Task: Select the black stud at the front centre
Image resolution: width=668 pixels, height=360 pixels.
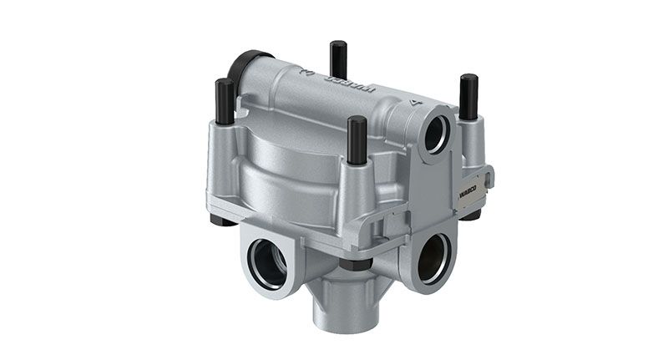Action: [x=357, y=140]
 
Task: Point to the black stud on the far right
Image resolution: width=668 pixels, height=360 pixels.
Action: [x=468, y=92]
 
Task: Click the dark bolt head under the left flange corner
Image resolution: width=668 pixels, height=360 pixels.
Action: [x=219, y=221]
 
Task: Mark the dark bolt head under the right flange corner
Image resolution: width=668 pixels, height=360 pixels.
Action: [x=472, y=214]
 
